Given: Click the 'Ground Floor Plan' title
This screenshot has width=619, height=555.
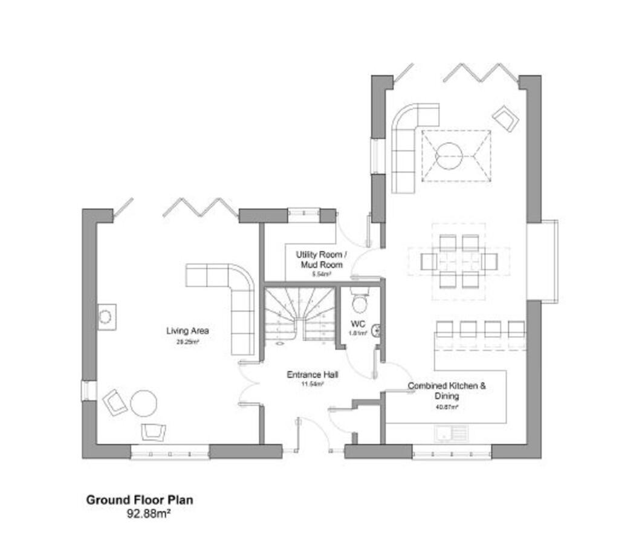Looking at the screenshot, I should (139, 500).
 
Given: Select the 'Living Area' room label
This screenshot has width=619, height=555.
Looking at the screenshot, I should (187, 331).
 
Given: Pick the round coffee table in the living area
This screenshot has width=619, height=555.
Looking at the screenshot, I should (144, 403).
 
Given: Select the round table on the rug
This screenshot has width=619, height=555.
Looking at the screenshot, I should (450, 156).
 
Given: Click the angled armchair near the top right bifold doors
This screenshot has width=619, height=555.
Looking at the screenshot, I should (505, 118).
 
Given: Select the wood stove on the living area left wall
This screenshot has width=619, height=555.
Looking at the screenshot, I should (105, 316).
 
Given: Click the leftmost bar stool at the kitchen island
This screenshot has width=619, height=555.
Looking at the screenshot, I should (444, 329).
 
